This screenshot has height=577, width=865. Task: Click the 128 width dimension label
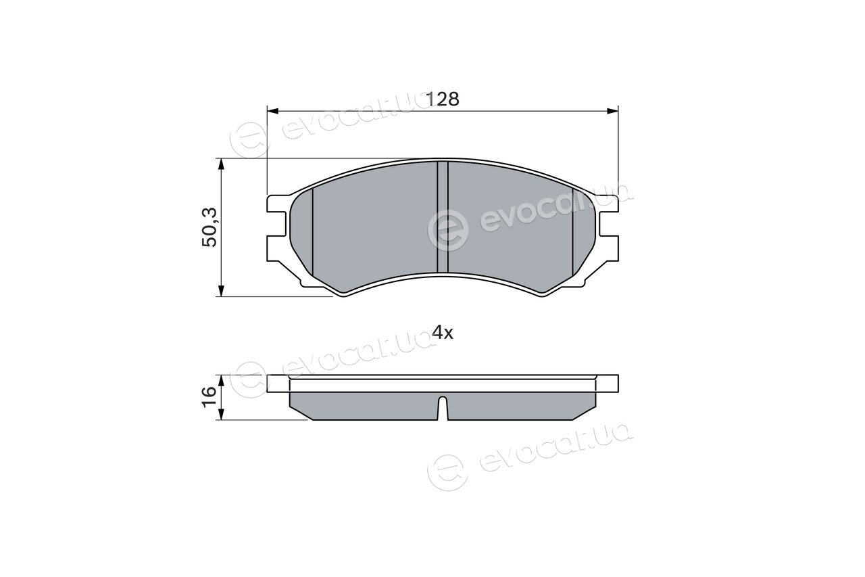(443, 99)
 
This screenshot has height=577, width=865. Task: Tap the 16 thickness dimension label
(209, 396)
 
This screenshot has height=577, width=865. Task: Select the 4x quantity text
(443, 332)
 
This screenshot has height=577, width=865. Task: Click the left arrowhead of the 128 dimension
(272, 112)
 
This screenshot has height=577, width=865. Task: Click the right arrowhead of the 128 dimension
(613, 112)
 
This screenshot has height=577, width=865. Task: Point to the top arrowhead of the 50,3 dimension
(221, 164)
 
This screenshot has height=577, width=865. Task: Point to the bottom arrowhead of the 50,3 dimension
(221, 291)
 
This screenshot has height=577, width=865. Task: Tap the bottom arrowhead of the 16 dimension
(221, 414)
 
